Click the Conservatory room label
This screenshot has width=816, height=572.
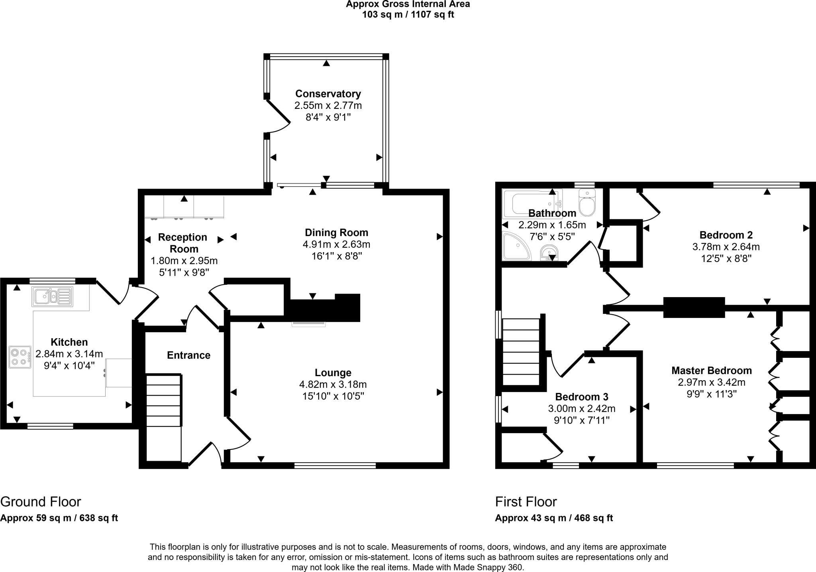(328, 94)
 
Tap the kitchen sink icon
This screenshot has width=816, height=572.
(53, 296)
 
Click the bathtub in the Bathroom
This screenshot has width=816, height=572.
(532, 202)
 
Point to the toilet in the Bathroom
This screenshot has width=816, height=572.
(587, 203)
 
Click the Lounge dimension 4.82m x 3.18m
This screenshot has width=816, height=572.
(333, 385)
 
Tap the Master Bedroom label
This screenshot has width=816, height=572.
(711, 371)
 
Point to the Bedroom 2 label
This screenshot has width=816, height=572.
(726, 235)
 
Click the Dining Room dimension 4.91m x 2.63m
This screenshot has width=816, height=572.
(336, 244)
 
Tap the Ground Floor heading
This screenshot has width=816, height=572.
(41, 501)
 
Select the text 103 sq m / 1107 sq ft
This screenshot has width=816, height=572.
(408, 15)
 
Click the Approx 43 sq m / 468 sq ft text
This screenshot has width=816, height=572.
(554, 518)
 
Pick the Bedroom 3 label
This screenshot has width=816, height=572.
(581, 397)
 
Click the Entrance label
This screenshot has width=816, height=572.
(188, 355)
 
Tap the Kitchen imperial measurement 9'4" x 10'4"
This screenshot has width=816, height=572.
(69, 365)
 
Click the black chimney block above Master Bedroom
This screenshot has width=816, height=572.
(694, 308)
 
